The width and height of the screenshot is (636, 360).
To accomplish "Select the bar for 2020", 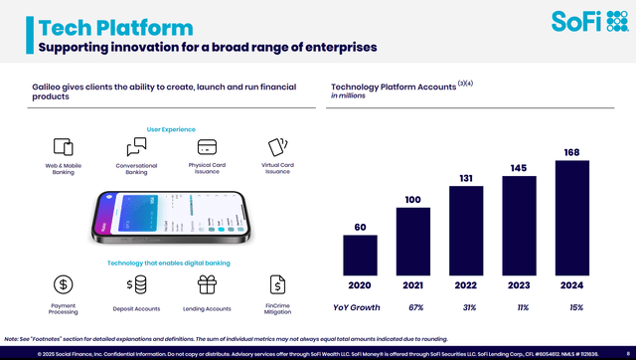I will (360, 255).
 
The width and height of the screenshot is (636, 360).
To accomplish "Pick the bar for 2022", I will (466, 231).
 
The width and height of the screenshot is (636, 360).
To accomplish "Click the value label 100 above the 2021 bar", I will (412, 200).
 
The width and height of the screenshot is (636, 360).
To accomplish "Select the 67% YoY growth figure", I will (413, 306).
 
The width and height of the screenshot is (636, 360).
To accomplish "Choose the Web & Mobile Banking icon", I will (64, 147).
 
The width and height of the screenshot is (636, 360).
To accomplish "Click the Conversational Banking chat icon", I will (136, 148).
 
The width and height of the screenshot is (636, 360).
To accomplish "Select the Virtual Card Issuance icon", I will (278, 147).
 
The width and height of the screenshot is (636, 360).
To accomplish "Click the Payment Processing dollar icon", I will (64, 285).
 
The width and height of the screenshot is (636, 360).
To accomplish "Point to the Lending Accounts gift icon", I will (207, 285).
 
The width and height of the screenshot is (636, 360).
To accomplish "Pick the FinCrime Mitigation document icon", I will (279, 285).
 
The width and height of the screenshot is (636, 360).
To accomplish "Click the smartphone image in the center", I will (171, 214).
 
